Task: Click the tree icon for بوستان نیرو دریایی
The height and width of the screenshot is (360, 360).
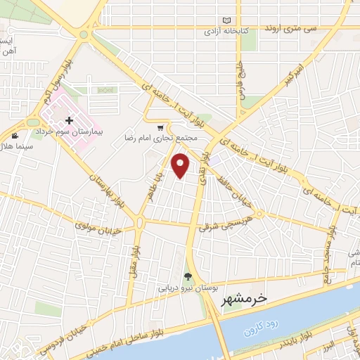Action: click(x=188, y=276)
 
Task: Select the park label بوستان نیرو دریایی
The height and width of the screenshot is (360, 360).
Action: click(x=173, y=288)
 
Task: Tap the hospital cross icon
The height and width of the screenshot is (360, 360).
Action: click(x=69, y=121)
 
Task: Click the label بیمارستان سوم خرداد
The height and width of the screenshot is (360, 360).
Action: click(x=91, y=131)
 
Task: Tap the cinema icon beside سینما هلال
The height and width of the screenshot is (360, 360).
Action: click(x=15, y=135)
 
